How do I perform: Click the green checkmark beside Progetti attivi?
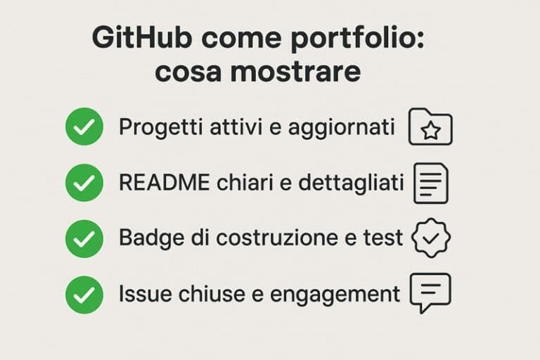coord(84,127)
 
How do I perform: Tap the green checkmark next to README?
coord(84,183)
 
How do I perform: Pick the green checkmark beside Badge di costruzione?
coord(84,238)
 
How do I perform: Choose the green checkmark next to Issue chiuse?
coord(84,294)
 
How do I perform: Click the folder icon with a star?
coord(430,127)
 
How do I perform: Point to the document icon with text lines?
coord(430,183)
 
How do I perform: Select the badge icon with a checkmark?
coord(430,238)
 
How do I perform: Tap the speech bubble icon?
coord(430,292)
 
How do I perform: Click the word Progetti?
coord(154,128)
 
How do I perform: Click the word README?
coord(164,183)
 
